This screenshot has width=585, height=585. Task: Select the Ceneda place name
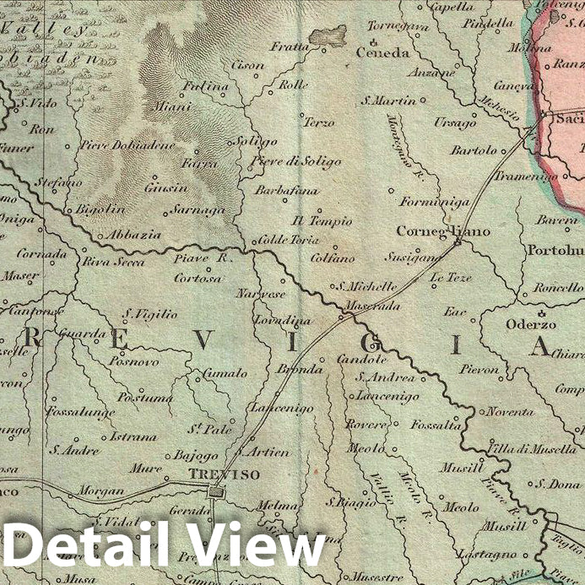click(384, 52)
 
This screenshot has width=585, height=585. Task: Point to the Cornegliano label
click(431, 230)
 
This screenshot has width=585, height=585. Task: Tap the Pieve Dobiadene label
click(128, 145)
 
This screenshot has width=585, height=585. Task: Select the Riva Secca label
click(113, 262)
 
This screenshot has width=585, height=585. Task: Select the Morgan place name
click(100, 490)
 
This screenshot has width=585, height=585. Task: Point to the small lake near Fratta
click(328, 35)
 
